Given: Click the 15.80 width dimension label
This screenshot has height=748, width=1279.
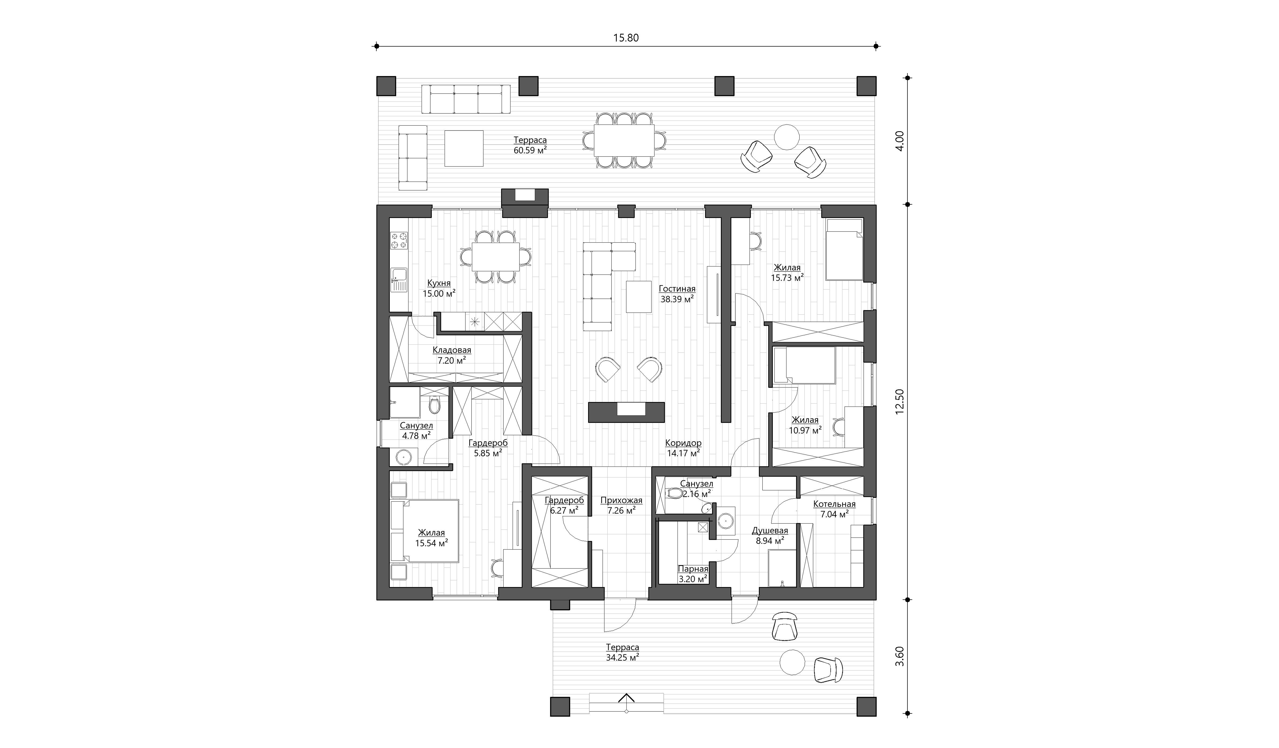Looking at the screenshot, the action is click(x=626, y=37).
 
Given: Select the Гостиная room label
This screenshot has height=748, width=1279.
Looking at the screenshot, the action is click(x=677, y=288).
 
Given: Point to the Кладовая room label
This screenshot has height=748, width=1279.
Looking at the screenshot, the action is click(x=452, y=350).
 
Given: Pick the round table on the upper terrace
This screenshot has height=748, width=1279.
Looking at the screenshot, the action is click(x=787, y=137).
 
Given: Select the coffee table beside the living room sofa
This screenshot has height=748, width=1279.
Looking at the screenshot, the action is click(x=638, y=296).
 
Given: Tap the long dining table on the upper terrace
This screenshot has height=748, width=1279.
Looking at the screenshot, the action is click(x=624, y=141).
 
